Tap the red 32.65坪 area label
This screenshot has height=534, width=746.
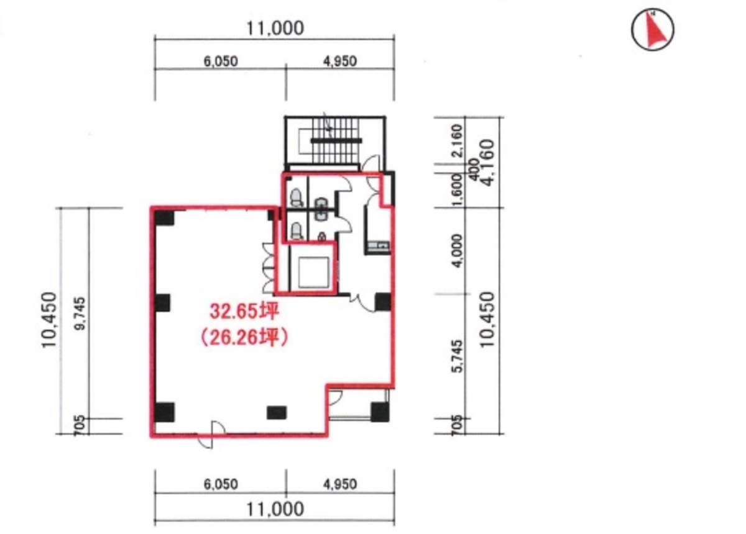(244, 312)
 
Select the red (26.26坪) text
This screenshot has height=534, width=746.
(244, 338)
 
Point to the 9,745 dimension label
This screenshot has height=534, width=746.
(81, 314)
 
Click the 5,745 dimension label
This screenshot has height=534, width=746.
(458, 356)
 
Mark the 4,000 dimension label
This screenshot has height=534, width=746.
(458, 251)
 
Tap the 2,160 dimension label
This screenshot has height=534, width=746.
(458, 140)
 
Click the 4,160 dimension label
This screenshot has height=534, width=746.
(487, 162)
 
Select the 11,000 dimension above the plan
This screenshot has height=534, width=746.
(275, 29)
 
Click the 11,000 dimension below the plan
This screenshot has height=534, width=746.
(275, 509)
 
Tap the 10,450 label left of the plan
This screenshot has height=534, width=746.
(49, 320)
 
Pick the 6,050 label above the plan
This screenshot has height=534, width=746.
(221, 61)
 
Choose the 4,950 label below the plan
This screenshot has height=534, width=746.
(340, 484)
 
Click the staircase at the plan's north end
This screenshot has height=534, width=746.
(336, 141)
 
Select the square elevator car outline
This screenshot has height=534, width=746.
(313, 273)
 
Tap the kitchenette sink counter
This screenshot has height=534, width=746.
(378, 247)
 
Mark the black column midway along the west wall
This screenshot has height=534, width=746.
(163, 303)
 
